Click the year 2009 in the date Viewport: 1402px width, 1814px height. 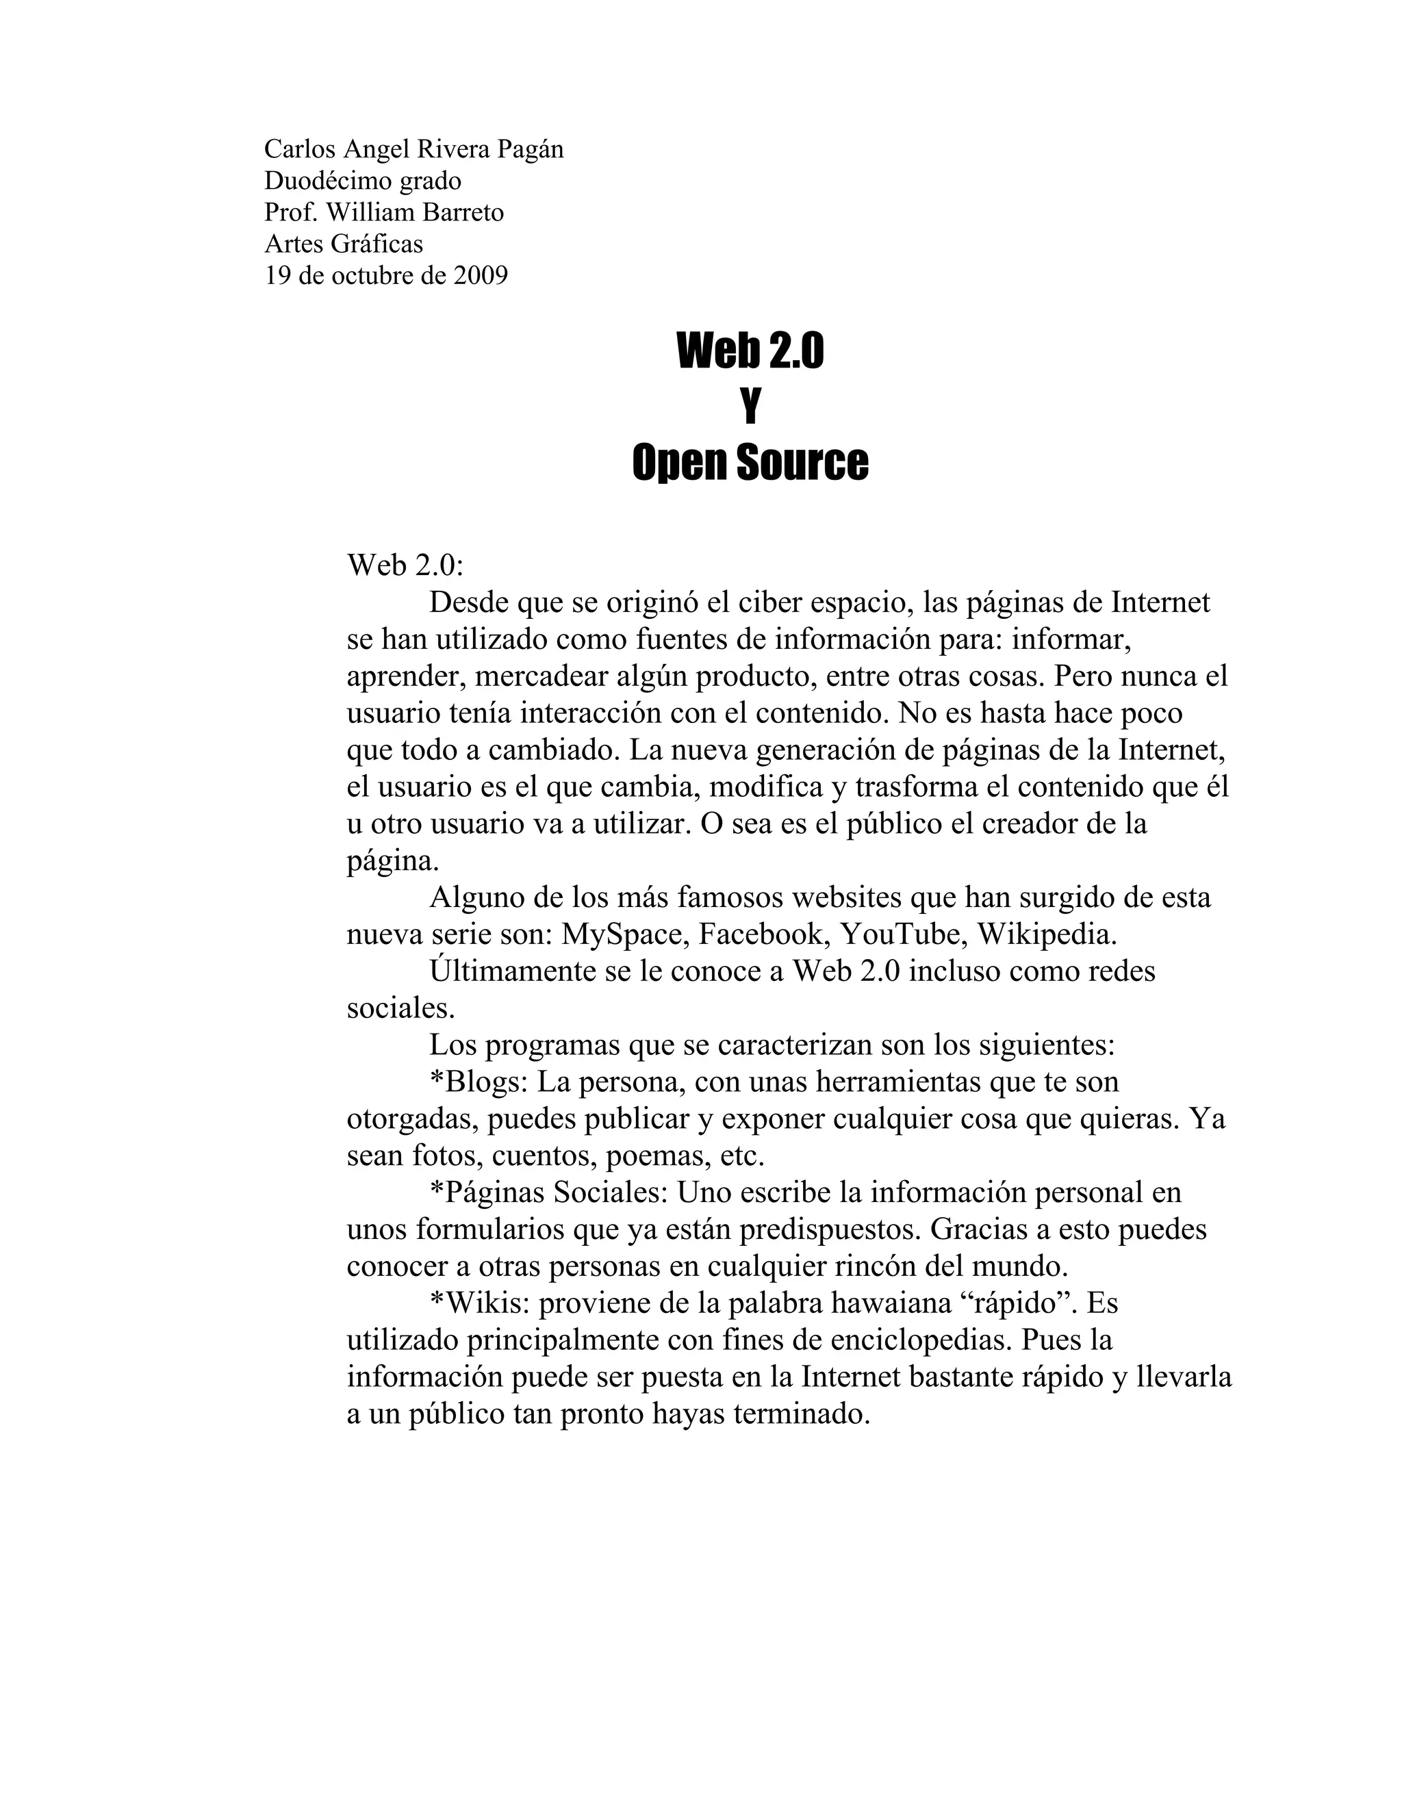tap(480, 276)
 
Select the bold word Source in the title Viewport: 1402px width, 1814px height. tap(802, 462)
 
